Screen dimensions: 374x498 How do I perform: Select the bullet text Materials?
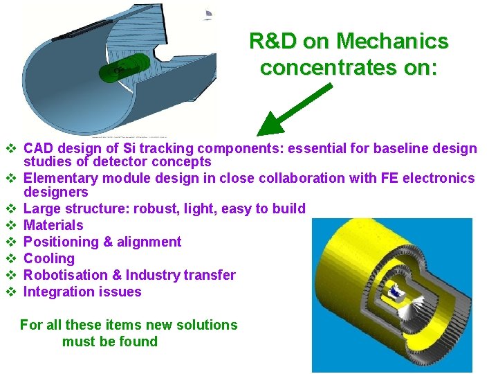pos(53,225)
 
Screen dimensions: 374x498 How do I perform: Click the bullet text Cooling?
pos(48,258)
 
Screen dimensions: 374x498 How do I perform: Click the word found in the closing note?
pos(138,341)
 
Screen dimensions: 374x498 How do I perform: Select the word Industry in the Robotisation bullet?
pos(157,275)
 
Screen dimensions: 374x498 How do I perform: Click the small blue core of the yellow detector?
pos(396,294)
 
